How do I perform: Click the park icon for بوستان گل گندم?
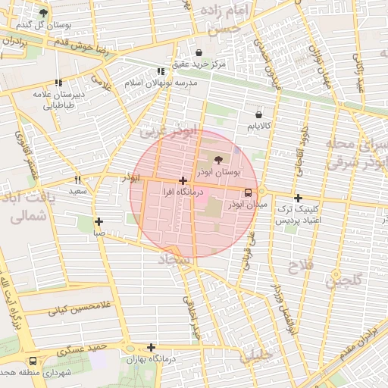[43, 13]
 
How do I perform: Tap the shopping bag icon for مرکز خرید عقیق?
[199, 52]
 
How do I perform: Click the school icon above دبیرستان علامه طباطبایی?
[58, 83]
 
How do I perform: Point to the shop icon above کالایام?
[260, 114]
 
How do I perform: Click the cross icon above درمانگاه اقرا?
[183, 180]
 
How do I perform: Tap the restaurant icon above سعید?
[77, 180]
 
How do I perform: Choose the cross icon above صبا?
[99, 221]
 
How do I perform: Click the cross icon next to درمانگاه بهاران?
[152, 347]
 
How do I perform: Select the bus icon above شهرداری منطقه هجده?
[33, 361]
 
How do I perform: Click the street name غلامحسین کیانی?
[79, 308]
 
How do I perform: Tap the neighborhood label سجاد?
[175, 260]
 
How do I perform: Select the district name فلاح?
[296, 266]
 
